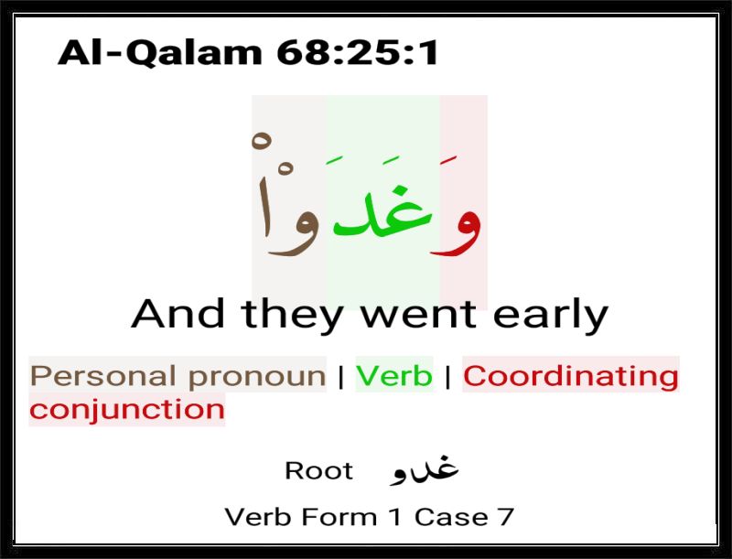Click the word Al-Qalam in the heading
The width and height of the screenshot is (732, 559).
click(x=159, y=52)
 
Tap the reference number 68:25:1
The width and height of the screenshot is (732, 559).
click(x=358, y=52)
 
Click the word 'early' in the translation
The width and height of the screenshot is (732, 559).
click(x=551, y=316)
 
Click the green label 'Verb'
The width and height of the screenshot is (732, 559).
click(x=394, y=375)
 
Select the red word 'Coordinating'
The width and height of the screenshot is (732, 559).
click(x=570, y=377)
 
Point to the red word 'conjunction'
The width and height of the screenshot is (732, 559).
click(x=127, y=410)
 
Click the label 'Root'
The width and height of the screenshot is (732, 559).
click(x=318, y=470)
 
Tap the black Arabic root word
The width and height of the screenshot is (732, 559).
click(x=424, y=470)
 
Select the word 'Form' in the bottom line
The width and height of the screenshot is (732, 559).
click(x=339, y=517)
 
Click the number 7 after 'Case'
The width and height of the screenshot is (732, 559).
click(x=505, y=517)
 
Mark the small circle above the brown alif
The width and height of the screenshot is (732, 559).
click(x=262, y=138)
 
